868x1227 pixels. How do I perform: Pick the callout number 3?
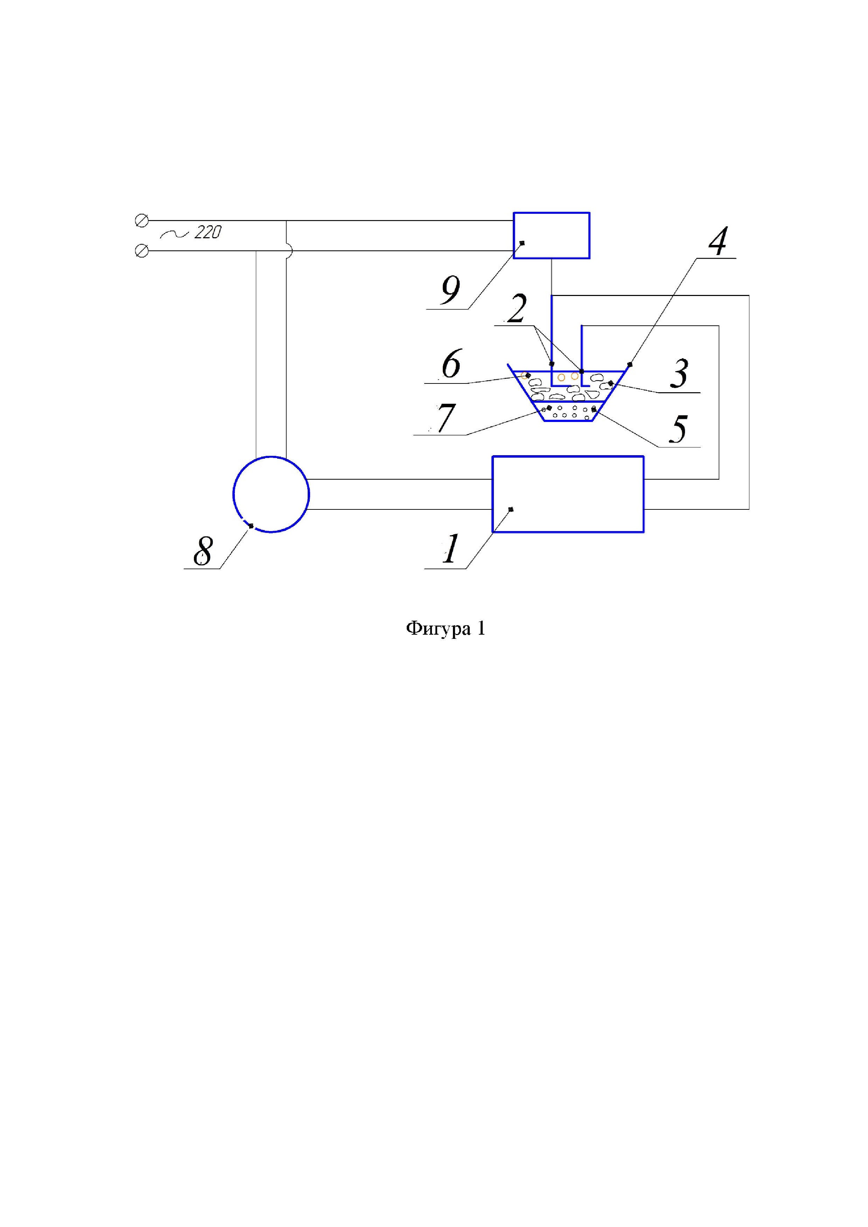(x=679, y=374)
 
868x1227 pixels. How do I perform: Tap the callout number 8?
(x=203, y=550)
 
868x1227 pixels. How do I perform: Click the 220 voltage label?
(x=208, y=232)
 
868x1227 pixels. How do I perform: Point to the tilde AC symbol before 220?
(x=174, y=233)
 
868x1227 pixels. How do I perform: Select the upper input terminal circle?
(x=142, y=220)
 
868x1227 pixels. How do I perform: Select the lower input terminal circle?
(x=142, y=251)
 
